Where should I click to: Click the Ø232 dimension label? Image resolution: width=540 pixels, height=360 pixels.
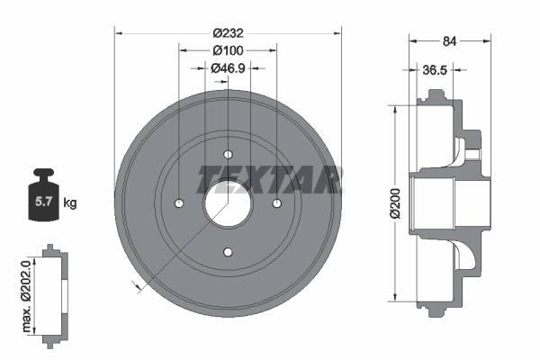(x=229, y=32)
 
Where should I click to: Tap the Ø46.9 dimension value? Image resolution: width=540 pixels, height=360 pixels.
(x=229, y=67)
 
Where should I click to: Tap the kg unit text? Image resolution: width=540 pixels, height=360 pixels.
(x=70, y=203)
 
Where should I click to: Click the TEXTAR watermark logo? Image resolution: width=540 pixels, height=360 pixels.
(x=269, y=179)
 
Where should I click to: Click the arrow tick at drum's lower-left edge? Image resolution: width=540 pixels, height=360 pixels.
(x=136, y=285)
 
